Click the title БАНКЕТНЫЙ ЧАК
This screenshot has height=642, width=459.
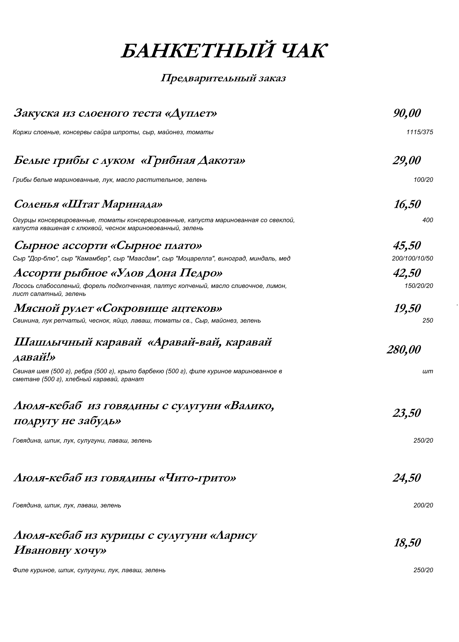coord(223,51)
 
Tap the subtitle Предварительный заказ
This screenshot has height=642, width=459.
coord(223,78)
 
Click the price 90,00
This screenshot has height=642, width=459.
coord(407,113)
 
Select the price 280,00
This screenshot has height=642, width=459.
coord(404,349)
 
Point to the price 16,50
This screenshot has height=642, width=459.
coord(407,204)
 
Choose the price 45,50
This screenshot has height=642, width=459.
coord(407,245)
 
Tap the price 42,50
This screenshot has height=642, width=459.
coord(407,273)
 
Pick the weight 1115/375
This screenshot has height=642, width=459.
coord(420,132)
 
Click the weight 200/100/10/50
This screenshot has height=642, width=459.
coord(412,259)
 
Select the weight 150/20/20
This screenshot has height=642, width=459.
coord(419,286)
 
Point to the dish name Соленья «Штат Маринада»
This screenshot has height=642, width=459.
coord(88,204)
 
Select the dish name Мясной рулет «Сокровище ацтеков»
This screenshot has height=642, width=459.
coord(118,308)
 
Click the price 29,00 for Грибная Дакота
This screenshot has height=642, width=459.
coord(407,160)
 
